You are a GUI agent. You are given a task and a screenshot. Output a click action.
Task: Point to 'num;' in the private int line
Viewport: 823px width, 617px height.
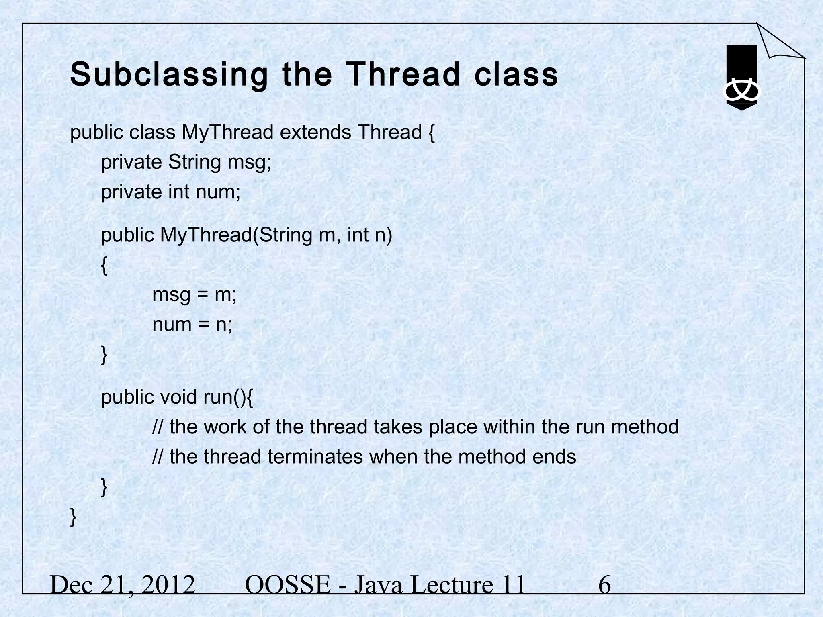218,192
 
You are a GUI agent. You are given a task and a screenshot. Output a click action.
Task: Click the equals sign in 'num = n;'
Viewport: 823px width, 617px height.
204,325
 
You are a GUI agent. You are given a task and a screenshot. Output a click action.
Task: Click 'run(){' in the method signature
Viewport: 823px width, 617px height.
228,397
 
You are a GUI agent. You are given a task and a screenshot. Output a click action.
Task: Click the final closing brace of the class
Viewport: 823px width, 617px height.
73,517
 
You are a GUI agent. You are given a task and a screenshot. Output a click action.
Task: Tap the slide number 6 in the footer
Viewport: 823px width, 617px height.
604,585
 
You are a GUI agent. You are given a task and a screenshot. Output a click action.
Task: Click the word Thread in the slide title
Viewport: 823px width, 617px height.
402,75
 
